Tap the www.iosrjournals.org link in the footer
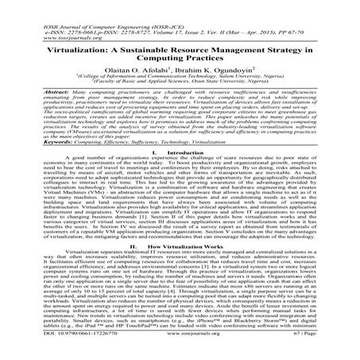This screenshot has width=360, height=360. click(x=180, y=349)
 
